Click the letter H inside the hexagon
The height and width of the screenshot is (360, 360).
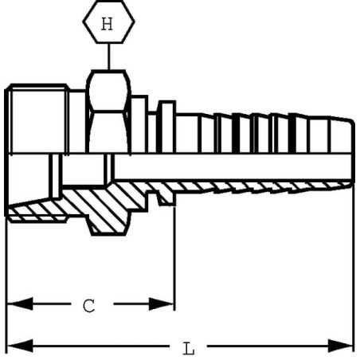point(107,24)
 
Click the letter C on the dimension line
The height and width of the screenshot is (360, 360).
point(89,306)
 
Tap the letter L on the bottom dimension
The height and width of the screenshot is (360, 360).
point(189,349)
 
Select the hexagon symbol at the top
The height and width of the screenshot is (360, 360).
point(108,22)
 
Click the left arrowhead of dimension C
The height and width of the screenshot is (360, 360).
point(20,303)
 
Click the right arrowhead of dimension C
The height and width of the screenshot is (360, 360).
point(161,304)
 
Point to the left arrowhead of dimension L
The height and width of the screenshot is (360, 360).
point(20,346)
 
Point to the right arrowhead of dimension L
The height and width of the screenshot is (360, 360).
point(340,346)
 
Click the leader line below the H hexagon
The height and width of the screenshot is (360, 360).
point(108,57)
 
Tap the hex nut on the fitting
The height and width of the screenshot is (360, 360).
point(108,112)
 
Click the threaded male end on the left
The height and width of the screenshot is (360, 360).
point(37,119)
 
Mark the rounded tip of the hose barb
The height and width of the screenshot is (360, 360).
point(351,138)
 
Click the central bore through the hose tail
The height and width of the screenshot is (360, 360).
point(233,166)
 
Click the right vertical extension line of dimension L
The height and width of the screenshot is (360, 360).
point(354,268)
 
